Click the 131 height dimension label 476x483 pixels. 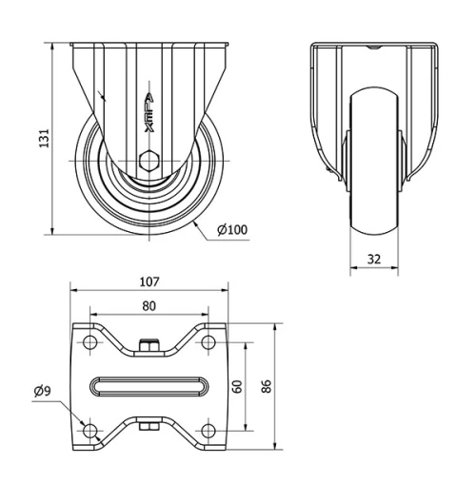coord(44,138)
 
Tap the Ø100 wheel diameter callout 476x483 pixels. coord(232,229)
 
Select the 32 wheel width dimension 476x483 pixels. coord(374,260)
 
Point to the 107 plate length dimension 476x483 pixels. coord(149,281)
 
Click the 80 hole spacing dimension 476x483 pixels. coord(149,306)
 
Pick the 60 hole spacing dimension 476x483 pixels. coord(237,386)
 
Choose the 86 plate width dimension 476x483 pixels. coord(267,386)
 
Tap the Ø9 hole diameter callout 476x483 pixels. coord(43,391)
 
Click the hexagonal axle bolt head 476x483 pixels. coord(149,161)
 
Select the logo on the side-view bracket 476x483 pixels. coord(149,112)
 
